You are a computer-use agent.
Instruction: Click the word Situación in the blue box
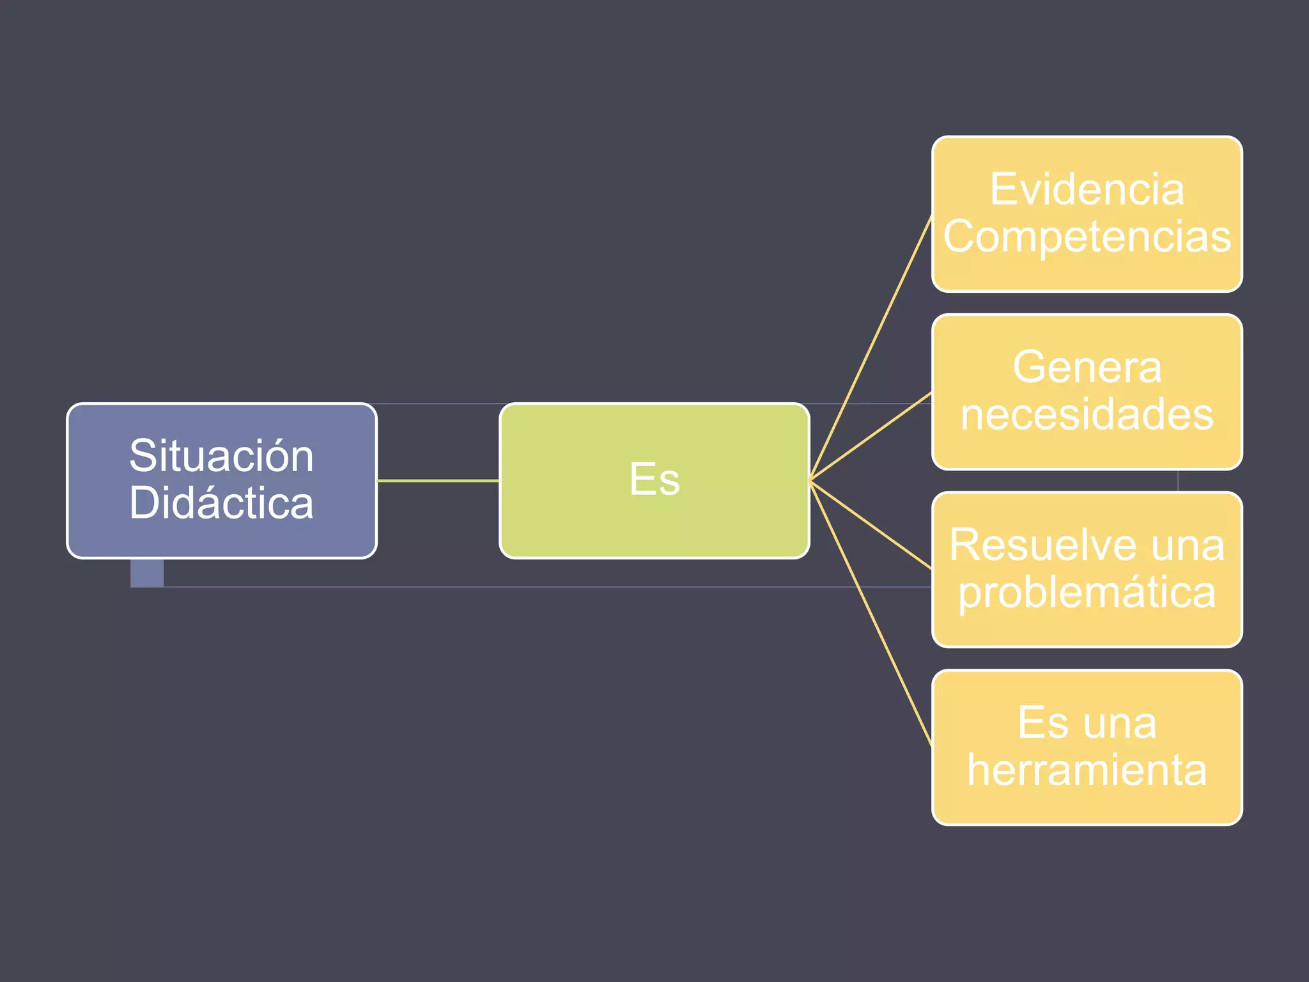221,456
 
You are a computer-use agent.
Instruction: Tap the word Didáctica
221,503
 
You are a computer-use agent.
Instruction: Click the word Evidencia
1087,190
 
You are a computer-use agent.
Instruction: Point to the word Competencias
1087,237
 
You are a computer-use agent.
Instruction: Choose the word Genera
1087,368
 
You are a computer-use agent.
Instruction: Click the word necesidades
1087,415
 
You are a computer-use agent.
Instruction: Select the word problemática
1087,593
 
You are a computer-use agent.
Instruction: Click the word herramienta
1087,770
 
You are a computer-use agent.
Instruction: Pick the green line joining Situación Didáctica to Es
438,480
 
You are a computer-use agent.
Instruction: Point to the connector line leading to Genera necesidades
871,437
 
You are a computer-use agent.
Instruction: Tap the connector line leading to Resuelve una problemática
871,524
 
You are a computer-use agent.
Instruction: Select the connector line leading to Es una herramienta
871,612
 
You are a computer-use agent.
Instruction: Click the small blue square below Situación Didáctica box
147,573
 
